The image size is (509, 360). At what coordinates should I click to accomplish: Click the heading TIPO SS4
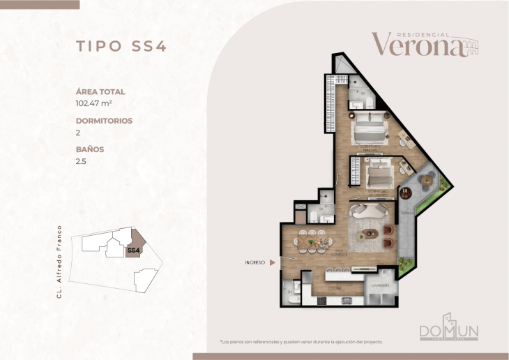point(120,47)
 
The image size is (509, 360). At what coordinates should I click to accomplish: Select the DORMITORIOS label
point(104,120)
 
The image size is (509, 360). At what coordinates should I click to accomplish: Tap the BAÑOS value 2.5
point(82,161)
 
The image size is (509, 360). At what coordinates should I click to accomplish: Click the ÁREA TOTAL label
point(100,91)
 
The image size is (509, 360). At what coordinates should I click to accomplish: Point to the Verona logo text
point(417,45)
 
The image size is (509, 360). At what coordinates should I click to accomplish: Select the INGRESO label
point(254,263)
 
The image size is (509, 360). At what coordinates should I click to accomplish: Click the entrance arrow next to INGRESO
point(273,263)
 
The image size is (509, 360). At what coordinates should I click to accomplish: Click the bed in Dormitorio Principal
point(368,128)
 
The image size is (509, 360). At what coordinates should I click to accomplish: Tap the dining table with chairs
point(314,243)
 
